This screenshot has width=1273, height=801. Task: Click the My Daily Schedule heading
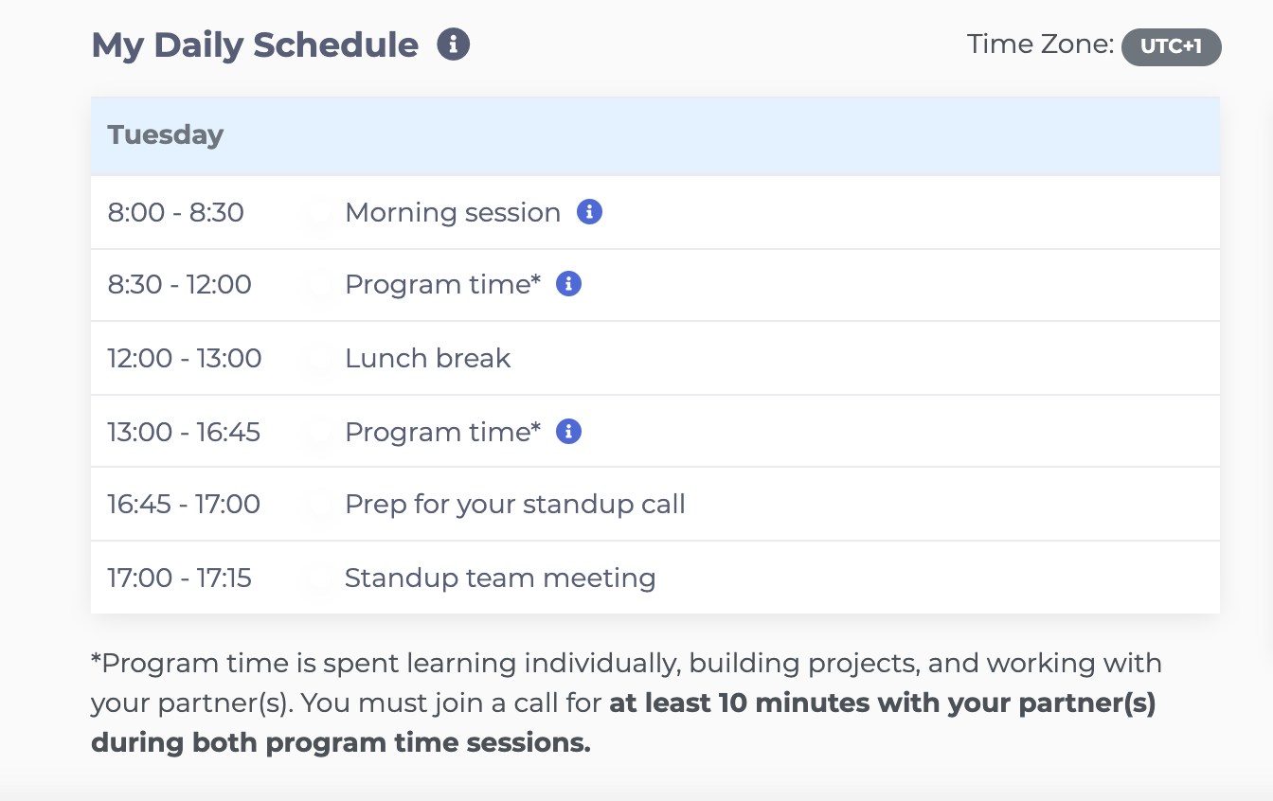[x=255, y=45]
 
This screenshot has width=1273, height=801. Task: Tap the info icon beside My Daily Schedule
[x=453, y=44]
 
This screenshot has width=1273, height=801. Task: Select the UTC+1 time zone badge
[x=1171, y=46]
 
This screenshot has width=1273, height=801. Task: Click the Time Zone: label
[x=1040, y=44]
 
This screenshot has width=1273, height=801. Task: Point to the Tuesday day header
[x=166, y=135]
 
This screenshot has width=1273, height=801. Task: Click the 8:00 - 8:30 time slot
[x=175, y=212]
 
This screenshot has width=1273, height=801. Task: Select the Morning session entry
[x=453, y=212]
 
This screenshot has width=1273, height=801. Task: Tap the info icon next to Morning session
[x=589, y=212]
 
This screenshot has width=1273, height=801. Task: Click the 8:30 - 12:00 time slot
[x=179, y=285]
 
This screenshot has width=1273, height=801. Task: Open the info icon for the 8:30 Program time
[x=568, y=283]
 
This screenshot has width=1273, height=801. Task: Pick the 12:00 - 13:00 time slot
[x=184, y=359]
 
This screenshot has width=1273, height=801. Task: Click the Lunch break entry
[x=427, y=359]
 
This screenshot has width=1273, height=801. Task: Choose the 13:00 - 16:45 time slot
[x=184, y=433]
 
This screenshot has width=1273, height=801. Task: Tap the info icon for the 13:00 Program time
[x=568, y=431]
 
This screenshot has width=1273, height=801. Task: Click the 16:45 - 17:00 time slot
[x=184, y=504]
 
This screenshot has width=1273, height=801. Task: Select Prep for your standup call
[x=515, y=505]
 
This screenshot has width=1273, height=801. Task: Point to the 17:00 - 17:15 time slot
[x=179, y=578]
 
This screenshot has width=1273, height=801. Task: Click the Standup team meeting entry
[x=500, y=578]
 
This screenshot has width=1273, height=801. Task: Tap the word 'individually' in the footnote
[x=602, y=664]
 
